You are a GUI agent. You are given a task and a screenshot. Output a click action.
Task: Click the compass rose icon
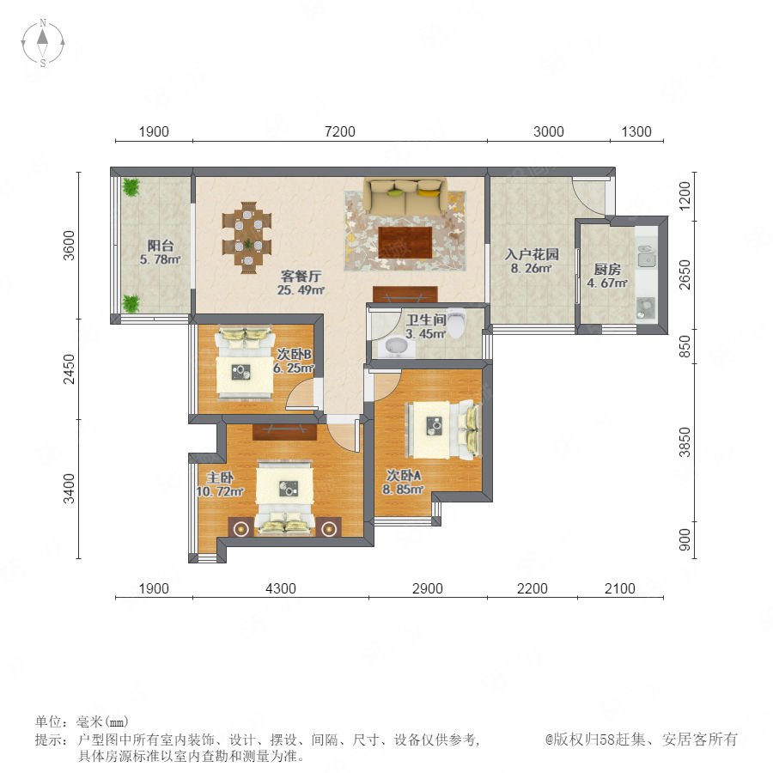[43, 43]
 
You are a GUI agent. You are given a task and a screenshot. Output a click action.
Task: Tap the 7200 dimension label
[340, 131]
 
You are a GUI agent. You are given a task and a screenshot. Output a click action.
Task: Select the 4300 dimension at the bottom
[281, 588]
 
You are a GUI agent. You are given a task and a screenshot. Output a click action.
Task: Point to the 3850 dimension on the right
[685, 442]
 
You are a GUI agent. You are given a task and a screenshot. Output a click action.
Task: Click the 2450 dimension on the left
[70, 368]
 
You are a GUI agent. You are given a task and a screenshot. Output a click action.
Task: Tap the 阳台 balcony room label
[161, 245]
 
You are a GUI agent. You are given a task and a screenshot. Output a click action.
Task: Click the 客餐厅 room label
[301, 276]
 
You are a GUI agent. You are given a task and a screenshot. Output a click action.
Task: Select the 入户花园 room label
[532, 254]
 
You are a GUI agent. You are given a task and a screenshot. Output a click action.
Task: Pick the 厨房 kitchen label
[607, 269]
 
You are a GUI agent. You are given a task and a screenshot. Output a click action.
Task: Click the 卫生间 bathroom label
[426, 320]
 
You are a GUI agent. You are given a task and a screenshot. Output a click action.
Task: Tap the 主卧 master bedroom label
[220, 478]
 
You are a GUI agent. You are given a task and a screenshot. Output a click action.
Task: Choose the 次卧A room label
[404, 475]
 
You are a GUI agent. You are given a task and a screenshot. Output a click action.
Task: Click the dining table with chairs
[247, 237]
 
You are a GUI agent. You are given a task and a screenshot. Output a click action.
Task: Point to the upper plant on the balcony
[131, 187]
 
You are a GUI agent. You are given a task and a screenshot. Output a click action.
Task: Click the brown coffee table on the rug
[405, 242]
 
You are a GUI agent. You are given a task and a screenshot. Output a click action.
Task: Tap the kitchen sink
[646, 256]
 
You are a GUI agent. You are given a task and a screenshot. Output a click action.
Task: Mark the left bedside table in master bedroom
[240, 528]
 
